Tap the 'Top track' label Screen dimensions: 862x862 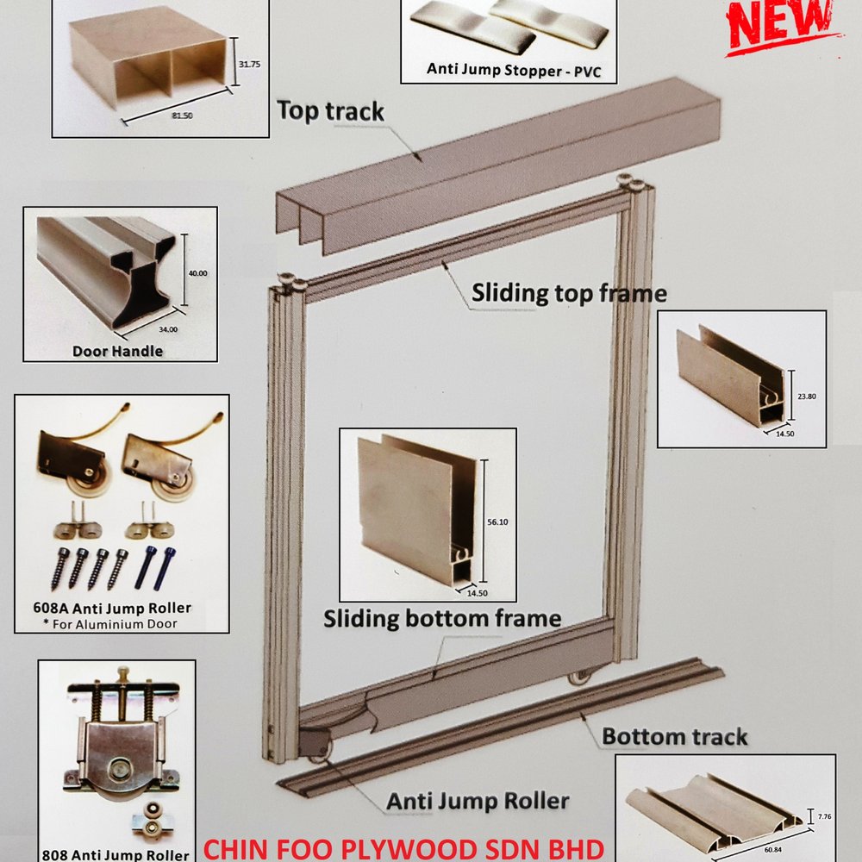pos(330,111)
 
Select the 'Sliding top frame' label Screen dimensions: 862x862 pos(569,293)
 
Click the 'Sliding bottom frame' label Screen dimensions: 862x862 pos(442,618)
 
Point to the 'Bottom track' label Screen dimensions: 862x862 pos(675,737)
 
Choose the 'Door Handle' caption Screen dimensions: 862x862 pos(117,352)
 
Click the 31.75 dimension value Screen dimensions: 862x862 pos(250,65)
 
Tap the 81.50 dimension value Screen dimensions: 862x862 pos(183,116)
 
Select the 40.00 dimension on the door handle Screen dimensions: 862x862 pos(198,273)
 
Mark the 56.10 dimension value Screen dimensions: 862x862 pos(497,522)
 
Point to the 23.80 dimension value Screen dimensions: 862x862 pos(807,397)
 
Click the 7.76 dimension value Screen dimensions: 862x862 pos(825,817)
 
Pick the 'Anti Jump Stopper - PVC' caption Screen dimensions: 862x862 pos(514,71)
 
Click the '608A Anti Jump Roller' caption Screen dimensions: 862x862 pos(112,608)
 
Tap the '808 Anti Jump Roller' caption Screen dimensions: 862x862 pos(116,855)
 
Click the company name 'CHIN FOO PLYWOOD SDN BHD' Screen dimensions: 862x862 pos(404,850)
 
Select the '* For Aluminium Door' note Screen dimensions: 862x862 pos(110,624)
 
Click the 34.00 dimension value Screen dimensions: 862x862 pos(168,330)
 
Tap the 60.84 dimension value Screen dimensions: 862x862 pos(773,850)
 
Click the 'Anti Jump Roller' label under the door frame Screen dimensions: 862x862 pos(478,802)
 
